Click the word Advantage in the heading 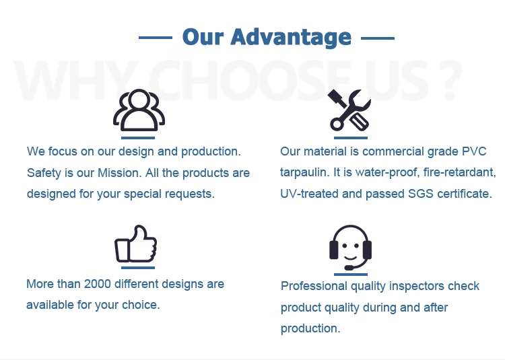pos(290,38)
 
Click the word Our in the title pos(203,37)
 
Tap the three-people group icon pos(139,110)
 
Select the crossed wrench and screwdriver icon pos(349,110)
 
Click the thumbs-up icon pos(135,244)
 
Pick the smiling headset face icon pos(350,248)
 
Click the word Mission pos(119,173)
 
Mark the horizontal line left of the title pos(156,38)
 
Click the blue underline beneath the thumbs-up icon pos(138,268)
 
